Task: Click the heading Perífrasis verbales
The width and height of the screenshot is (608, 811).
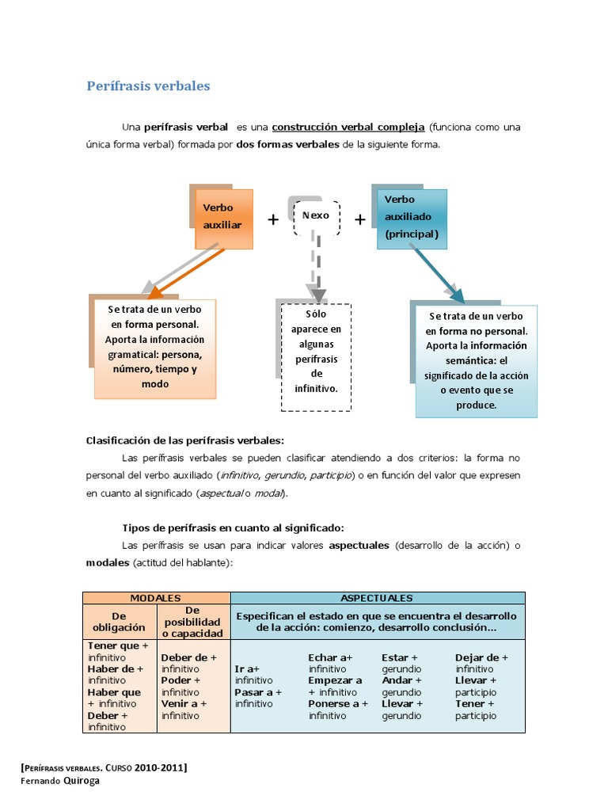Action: pos(148,86)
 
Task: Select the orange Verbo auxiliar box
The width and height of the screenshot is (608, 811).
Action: pos(224,219)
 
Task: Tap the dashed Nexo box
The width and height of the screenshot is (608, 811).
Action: pos(316,215)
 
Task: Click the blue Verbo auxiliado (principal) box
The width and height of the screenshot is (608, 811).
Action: pos(412,219)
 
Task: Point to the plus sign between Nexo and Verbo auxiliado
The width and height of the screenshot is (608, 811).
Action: pos(360,219)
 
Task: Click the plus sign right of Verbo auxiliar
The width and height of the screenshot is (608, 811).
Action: pos(273,219)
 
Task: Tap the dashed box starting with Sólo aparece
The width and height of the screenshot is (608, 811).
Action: pos(316,357)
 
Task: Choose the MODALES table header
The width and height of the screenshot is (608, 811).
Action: pos(156,598)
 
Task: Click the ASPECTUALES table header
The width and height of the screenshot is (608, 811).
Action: pos(377,598)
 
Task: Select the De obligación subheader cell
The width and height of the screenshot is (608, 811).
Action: pos(120,622)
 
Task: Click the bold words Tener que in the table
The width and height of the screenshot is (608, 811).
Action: pos(114,646)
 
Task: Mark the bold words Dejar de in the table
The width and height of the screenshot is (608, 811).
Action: pos(477,657)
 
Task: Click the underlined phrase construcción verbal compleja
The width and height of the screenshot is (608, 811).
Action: pos(349,127)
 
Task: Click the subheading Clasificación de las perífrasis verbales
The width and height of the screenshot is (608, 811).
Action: pos(184,440)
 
